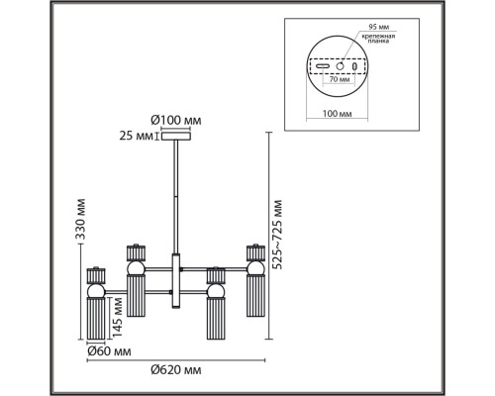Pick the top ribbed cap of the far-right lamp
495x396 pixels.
click(252, 251)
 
